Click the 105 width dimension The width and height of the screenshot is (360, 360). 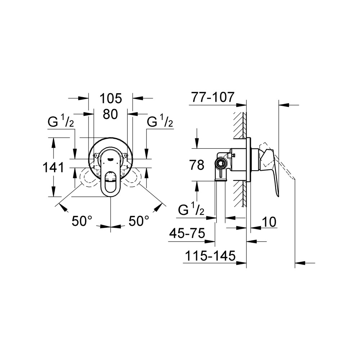tap(111, 99)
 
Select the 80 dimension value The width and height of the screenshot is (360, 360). tap(111, 114)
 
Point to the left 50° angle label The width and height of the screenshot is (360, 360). tap(82, 221)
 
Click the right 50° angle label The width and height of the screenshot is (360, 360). tap(139, 221)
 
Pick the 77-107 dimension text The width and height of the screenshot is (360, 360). tap(213, 97)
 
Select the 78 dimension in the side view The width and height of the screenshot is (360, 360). tap(197, 165)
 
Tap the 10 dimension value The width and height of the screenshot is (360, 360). tap(269, 222)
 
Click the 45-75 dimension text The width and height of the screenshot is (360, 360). tap(187, 234)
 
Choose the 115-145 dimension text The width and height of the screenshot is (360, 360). tap(210, 256)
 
